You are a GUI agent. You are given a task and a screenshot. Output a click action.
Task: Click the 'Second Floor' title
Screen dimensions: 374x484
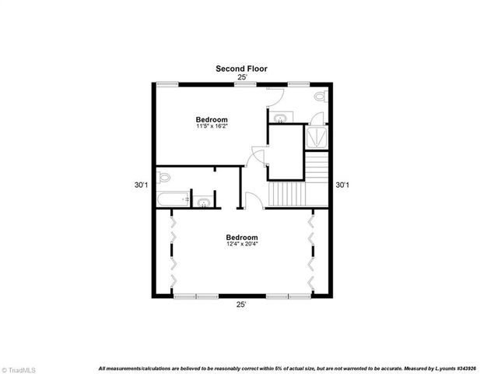pyautogui.click(x=241, y=69)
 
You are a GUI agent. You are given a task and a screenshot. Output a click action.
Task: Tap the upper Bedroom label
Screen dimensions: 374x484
pyautogui.click(x=211, y=119)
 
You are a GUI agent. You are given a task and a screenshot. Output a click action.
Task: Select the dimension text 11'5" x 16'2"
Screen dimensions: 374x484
pyautogui.click(x=211, y=126)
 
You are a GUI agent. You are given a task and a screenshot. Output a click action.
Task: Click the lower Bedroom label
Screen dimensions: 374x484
pyautogui.click(x=242, y=237)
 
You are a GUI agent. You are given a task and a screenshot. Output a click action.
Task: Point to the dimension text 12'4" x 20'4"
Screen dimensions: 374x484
pyautogui.click(x=242, y=244)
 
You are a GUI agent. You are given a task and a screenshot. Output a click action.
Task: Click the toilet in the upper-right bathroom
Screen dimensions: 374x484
pyautogui.click(x=321, y=97)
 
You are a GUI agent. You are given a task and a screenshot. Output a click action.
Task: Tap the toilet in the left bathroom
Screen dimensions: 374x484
pyautogui.click(x=163, y=178)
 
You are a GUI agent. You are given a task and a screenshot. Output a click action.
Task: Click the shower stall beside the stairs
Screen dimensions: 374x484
pyautogui.click(x=316, y=137)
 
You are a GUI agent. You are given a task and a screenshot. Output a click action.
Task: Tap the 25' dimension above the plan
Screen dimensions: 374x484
pyautogui.click(x=242, y=77)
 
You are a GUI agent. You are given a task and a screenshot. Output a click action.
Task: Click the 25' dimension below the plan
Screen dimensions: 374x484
pyautogui.click(x=242, y=305)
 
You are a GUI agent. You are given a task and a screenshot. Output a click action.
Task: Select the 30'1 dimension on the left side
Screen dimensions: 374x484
pyautogui.click(x=140, y=185)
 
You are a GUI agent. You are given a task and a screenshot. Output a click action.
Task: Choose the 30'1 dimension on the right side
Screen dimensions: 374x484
pyautogui.click(x=342, y=185)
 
